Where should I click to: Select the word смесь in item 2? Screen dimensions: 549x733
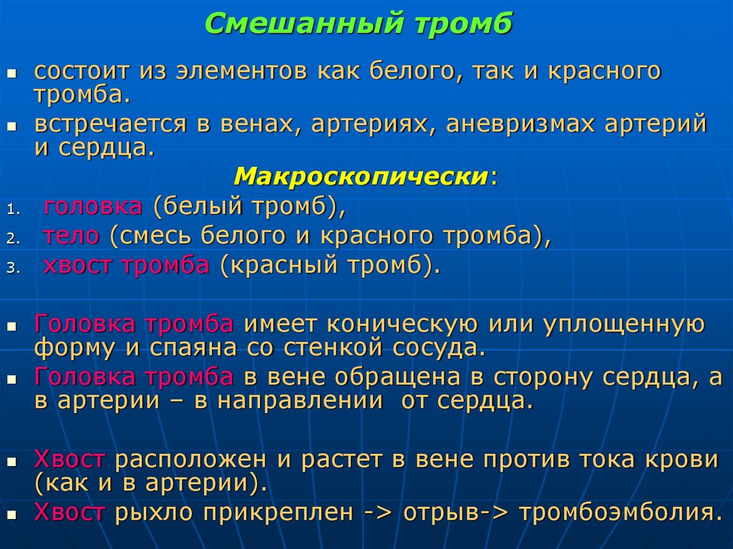point(157,237)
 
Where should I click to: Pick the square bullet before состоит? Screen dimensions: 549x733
point(11,73)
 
